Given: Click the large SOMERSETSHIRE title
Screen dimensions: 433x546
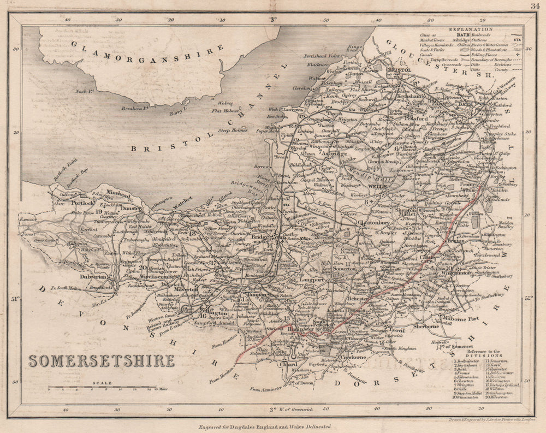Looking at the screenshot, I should (102, 361).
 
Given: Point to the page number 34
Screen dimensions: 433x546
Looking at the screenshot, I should (534, 6).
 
